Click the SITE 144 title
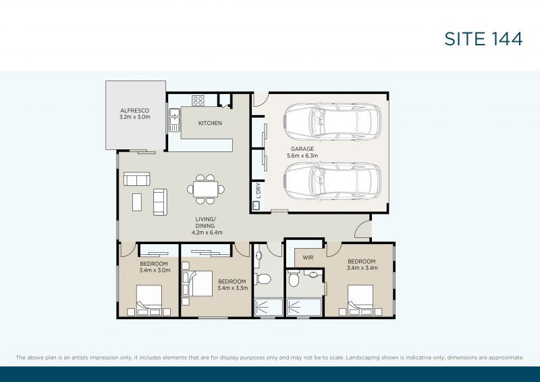(x=483, y=39)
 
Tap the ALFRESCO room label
(x=134, y=113)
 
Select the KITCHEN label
(x=210, y=123)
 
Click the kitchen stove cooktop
(x=198, y=101)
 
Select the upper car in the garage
(x=331, y=120)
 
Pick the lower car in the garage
(x=331, y=180)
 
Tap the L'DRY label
(x=257, y=192)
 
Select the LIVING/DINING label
(x=205, y=226)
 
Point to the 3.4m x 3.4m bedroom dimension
(x=361, y=268)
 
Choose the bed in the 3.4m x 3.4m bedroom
(x=360, y=300)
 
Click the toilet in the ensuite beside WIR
(x=294, y=280)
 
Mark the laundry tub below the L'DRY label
(x=257, y=204)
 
